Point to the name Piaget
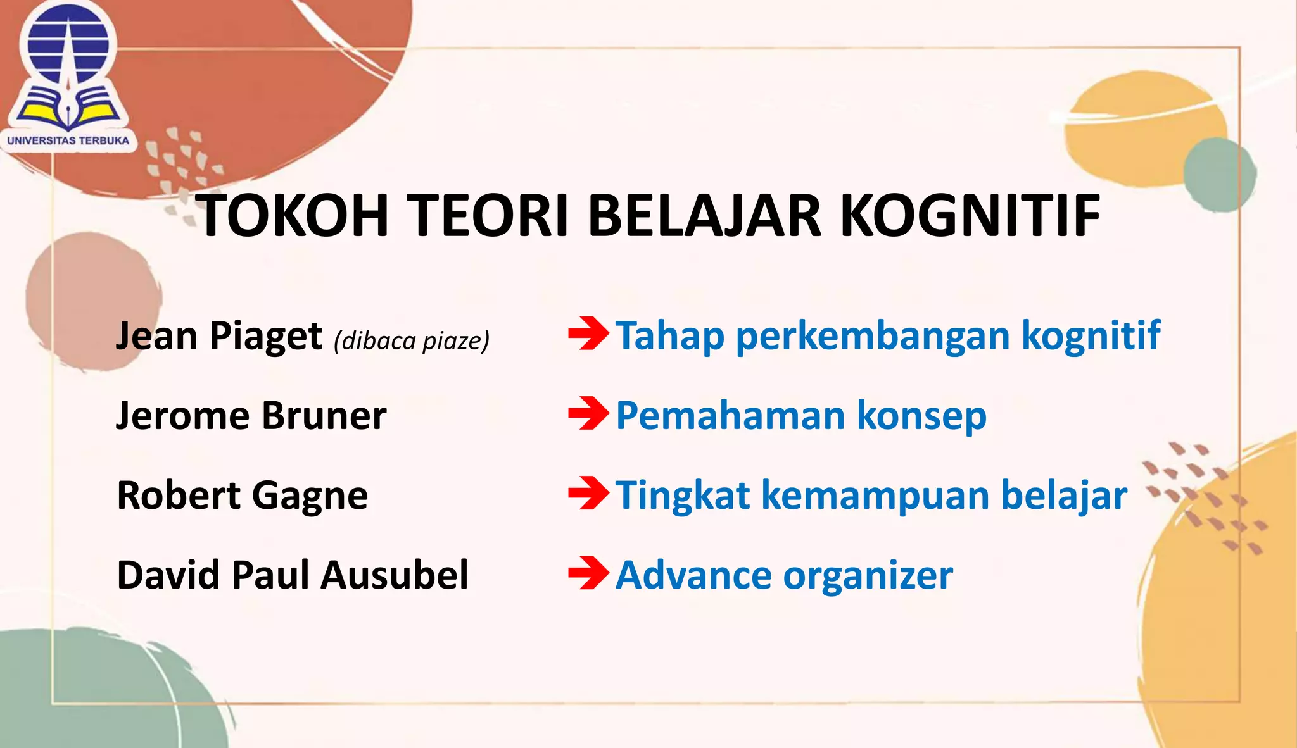[x=266, y=337]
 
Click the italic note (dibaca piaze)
[x=412, y=341]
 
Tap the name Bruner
[x=324, y=416]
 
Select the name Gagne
[x=310, y=496]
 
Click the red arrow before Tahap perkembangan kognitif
[x=588, y=333]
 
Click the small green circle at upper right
[x=1220, y=175]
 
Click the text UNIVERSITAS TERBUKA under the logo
[x=68, y=140]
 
